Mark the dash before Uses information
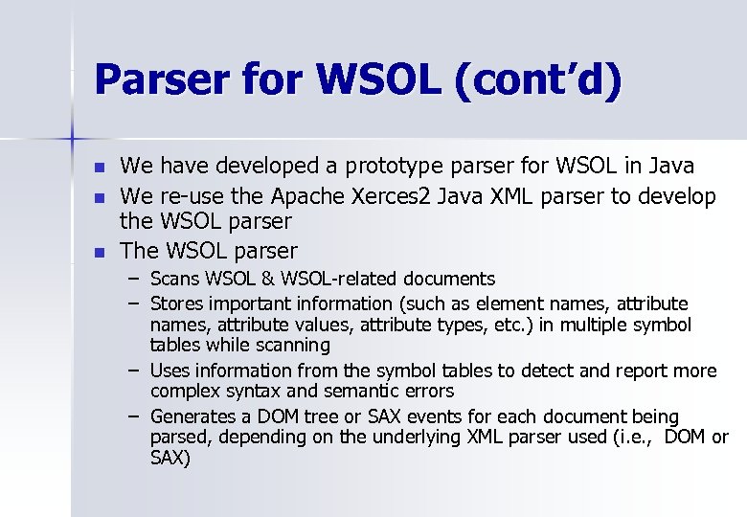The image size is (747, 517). (x=132, y=371)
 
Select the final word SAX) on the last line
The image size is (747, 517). (x=170, y=459)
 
